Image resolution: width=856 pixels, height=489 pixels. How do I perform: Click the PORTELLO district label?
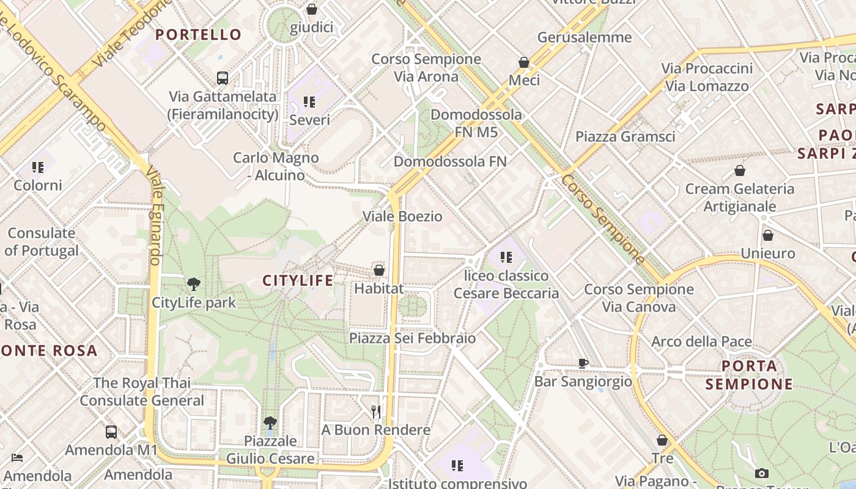198,34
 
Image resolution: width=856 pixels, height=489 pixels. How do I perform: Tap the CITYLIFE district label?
298,281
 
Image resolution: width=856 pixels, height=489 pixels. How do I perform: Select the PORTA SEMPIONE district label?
749,375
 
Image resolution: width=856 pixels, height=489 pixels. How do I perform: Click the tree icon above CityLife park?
194,284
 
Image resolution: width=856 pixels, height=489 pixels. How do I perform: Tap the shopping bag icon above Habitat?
379,270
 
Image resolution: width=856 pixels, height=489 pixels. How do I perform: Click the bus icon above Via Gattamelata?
223,78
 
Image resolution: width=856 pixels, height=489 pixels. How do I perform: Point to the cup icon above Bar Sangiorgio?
583,364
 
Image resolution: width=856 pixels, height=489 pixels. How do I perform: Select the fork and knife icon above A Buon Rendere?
376,412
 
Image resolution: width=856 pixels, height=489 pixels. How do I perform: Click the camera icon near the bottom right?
761,473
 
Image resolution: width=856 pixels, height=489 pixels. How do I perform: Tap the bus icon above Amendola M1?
111,432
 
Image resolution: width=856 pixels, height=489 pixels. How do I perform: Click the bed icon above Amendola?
17,458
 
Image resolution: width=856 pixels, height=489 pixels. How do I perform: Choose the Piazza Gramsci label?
625,136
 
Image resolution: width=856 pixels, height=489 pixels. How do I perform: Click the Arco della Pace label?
701,341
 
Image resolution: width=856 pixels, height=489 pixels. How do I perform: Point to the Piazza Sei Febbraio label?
412,337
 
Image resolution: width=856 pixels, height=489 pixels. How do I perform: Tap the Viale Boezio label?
402,216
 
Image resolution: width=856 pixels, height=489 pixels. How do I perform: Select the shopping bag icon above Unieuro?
768,235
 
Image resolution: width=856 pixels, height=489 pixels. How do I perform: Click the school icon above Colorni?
38,167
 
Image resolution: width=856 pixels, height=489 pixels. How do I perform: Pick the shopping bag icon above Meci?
524,62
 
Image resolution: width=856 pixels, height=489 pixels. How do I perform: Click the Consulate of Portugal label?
42,241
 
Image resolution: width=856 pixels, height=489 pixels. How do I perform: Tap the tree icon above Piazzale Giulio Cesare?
270,422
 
